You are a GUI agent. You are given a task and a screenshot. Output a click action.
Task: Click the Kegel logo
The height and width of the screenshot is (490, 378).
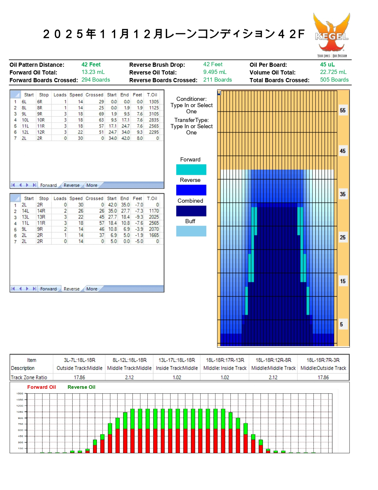click(332, 35)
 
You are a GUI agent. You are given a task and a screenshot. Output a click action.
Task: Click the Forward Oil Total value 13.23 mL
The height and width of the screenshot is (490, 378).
click(93, 72)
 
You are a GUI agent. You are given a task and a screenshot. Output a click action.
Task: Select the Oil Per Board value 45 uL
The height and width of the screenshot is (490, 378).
click(327, 64)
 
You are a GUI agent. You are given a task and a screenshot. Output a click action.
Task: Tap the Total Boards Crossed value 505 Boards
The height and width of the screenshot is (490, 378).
click(334, 80)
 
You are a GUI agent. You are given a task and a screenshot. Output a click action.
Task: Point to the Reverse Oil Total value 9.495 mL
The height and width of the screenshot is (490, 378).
click(215, 72)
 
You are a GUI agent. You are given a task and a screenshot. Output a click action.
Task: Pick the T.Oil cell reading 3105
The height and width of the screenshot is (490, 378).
click(154, 114)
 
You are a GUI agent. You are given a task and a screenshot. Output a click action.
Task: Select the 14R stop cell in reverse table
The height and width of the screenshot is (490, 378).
click(41, 211)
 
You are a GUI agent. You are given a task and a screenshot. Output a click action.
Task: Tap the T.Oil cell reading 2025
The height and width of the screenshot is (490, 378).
click(154, 217)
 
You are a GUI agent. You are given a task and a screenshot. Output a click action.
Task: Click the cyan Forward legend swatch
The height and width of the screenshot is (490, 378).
click(191, 169)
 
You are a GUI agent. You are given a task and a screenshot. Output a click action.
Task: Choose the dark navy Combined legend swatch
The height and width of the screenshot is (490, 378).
click(191, 211)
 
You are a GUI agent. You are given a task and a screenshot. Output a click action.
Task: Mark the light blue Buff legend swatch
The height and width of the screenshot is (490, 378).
click(191, 231)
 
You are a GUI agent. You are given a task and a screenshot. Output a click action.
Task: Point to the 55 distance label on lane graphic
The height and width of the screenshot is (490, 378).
click(343, 110)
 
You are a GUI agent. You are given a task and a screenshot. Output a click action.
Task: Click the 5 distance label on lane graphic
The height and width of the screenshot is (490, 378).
click(342, 324)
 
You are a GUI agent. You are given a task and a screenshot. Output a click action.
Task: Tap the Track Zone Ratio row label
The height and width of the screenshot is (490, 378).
click(29, 378)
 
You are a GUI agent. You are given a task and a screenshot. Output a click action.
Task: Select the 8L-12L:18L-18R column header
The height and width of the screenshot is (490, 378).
click(130, 360)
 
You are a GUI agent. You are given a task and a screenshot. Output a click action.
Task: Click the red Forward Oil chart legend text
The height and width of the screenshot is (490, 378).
click(42, 387)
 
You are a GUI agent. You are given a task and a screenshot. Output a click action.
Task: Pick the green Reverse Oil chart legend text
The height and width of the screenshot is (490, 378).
click(82, 387)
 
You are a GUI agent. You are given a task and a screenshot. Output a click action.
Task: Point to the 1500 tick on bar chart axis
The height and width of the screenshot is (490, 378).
click(20, 394)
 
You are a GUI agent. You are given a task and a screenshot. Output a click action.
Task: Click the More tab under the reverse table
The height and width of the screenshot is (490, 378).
click(92, 289)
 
